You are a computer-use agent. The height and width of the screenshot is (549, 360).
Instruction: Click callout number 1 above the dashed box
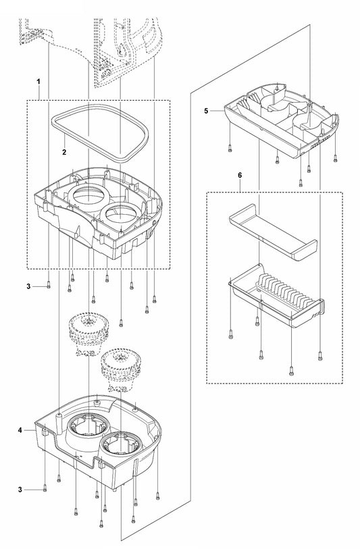(38, 82)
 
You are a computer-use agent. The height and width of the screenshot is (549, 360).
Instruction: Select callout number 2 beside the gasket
(64, 153)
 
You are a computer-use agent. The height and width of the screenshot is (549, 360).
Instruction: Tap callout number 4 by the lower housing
(20, 430)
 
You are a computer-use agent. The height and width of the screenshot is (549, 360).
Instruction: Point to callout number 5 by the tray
(206, 111)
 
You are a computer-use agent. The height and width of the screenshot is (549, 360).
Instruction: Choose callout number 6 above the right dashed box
(240, 175)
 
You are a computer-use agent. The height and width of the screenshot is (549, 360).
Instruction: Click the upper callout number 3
(28, 286)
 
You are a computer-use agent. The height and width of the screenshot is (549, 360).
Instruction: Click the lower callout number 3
(20, 490)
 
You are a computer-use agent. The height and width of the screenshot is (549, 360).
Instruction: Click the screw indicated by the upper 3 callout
(49, 286)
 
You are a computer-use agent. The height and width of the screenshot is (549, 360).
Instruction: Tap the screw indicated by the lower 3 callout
(45, 488)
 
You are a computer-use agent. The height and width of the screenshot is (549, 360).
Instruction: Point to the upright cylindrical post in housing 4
(59, 423)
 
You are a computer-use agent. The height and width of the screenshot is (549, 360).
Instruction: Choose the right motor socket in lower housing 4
(121, 446)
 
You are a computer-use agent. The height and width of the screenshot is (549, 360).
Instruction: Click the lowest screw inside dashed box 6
(291, 373)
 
